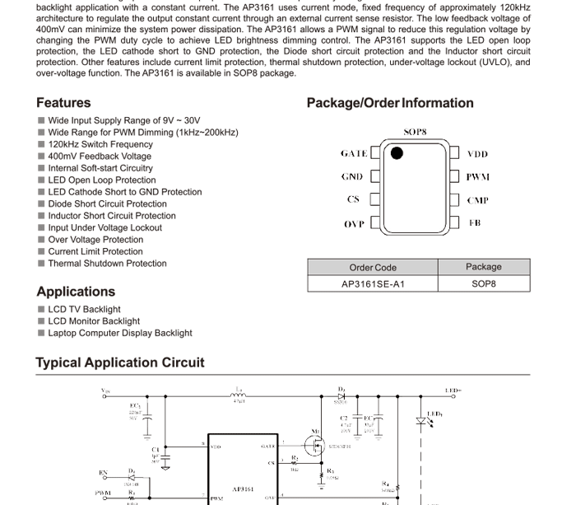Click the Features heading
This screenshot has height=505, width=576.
(63, 103)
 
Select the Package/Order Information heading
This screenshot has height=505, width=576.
(390, 103)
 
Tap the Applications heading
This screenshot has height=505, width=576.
(76, 292)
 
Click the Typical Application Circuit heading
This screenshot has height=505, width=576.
(120, 362)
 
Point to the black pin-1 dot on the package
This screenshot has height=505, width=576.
(397, 153)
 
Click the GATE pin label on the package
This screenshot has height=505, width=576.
(354, 154)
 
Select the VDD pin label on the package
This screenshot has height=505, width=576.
(477, 154)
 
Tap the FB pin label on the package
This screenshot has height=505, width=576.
(475, 222)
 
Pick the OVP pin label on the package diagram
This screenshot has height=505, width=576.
(354, 224)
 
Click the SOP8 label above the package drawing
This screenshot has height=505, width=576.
(415, 132)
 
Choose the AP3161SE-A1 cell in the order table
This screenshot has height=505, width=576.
(373, 284)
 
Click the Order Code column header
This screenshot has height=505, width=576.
(373, 268)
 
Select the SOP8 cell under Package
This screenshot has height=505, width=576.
(484, 284)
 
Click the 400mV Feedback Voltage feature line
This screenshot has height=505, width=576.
(100, 157)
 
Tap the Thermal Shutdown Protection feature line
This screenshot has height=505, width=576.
(107, 264)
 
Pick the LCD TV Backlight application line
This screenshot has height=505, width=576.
(84, 310)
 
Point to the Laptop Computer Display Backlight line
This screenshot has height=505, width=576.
(120, 334)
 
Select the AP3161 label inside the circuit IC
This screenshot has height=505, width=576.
(243, 489)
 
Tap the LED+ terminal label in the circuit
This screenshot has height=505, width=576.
(453, 390)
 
